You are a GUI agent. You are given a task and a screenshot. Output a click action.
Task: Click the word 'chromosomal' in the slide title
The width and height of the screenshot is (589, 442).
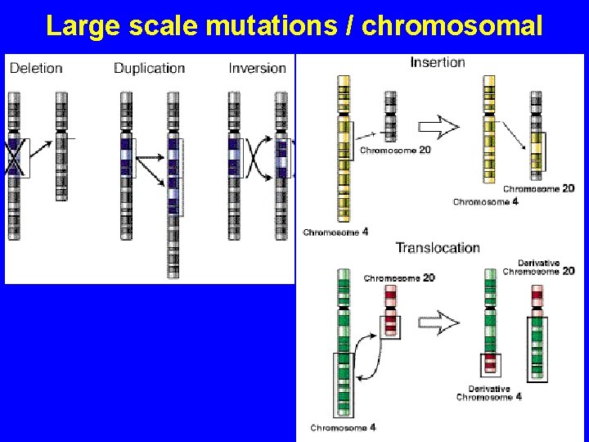coord(452,26)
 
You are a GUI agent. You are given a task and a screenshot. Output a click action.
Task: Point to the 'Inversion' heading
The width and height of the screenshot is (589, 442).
coord(257,68)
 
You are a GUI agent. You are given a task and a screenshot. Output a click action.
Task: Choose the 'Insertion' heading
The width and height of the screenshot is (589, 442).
coord(437,62)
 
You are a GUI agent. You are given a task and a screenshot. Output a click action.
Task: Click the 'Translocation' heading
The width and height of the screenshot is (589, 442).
coord(438,247)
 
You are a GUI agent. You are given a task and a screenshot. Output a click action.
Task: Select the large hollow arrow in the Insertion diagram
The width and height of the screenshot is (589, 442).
coord(439,127)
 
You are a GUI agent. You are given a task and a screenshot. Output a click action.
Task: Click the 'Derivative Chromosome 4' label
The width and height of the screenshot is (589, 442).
coord(488,393)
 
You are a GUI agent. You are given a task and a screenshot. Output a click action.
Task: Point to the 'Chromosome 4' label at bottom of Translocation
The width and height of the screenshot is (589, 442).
coord(343,427)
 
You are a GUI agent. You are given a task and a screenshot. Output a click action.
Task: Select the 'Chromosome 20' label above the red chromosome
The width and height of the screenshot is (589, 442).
coord(399,278)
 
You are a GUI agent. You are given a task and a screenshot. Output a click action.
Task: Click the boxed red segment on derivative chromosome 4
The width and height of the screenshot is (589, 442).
coord(490,364)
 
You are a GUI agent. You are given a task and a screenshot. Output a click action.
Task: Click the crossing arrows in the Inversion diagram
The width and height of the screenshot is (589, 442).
coord(259,158)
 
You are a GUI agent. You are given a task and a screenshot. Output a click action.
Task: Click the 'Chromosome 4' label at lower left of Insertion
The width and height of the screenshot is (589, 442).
coord(335,232)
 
